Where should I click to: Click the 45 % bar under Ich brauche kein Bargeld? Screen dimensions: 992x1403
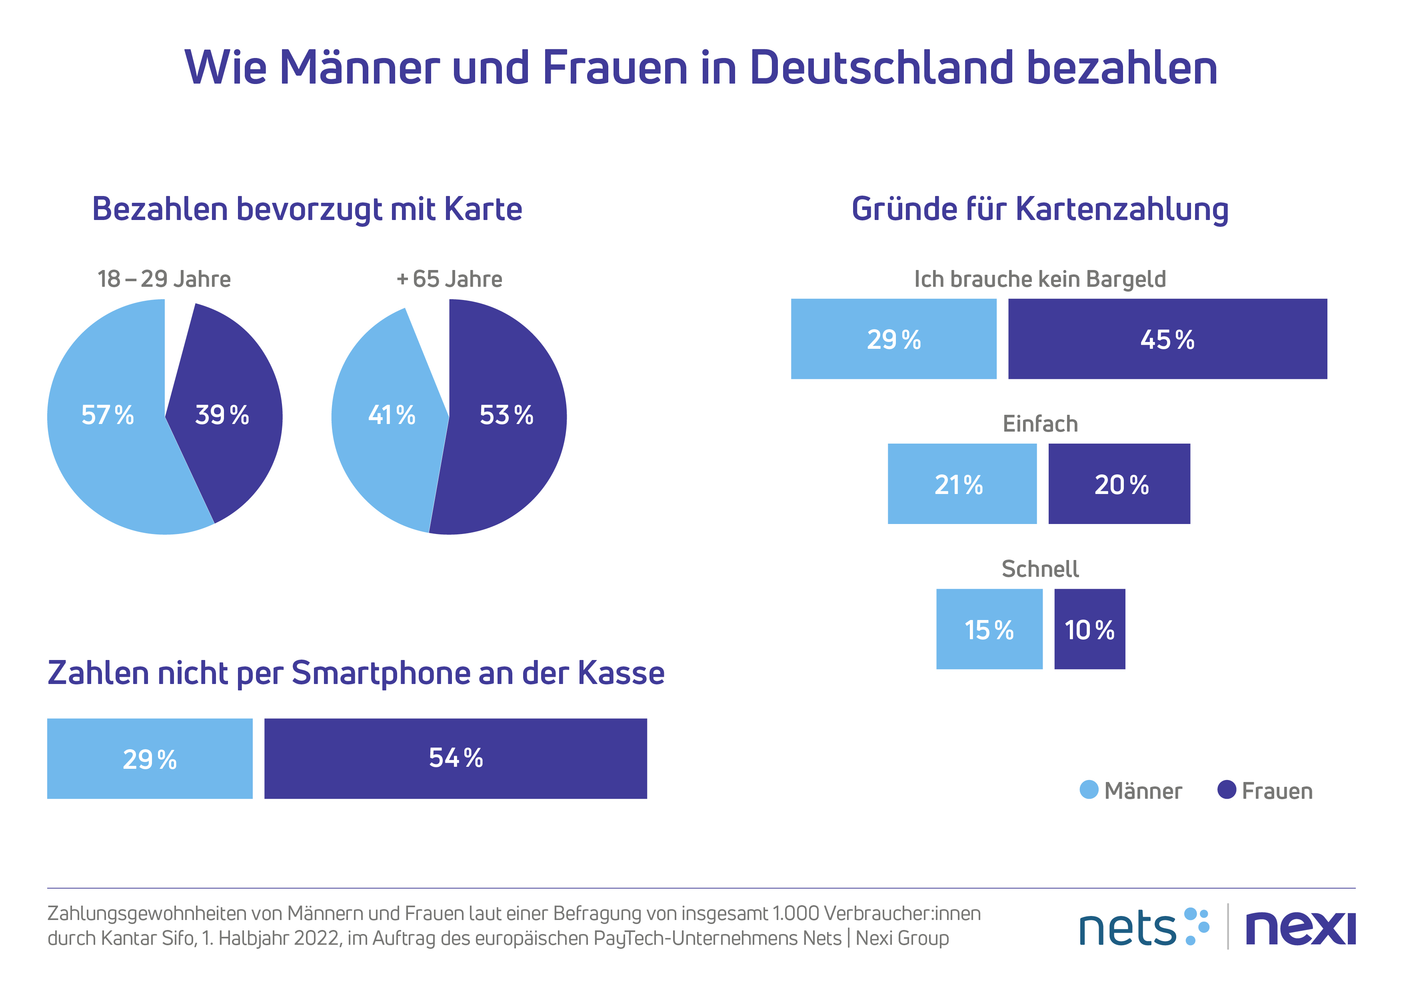coord(1167,339)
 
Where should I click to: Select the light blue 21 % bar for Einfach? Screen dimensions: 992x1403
coord(962,484)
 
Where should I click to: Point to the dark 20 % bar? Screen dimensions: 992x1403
coord(1119,484)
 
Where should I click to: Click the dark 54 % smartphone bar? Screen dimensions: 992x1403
coord(455,758)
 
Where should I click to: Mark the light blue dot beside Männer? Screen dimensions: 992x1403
coord(1089,790)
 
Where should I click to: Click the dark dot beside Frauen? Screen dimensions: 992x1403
coord(1226,790)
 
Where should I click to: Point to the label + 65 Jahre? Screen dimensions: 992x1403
coord(449,279)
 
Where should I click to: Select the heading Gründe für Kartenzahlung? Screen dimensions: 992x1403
coord(1039,209)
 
